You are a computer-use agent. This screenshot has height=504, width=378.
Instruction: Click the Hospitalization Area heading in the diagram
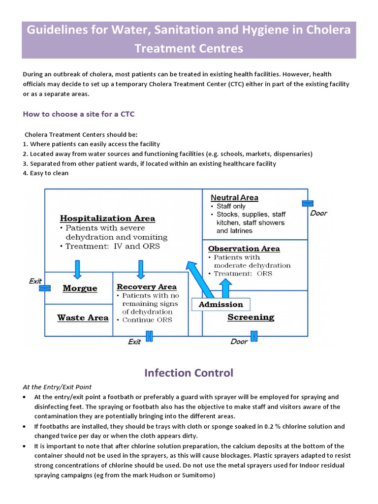pyautogui.click(x=107, y=218)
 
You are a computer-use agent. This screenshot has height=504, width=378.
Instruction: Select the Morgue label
pyautogui.click(x=80, y=288)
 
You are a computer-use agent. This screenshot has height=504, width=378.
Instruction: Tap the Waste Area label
pyautogui.click(x=83, y=318)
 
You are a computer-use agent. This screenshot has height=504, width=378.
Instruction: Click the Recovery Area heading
pyautogui.click(x=146, y=286)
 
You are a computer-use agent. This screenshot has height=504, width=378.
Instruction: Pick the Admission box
pyautogui.click(x=220, y=305)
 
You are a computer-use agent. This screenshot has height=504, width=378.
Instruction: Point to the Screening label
pyautogui.click(x=251, y=317)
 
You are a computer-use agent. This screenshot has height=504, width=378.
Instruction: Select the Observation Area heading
pyautogui.click(x=244, y=249)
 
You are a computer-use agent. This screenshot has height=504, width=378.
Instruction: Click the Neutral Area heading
pyautogui.click(x=234, y=197)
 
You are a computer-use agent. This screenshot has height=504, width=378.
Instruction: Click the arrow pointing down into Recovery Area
pyautogui.click(x=141, y=269)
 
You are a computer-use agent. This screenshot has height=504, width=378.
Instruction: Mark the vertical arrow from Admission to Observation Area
pyautogui.click(x=225, y=288)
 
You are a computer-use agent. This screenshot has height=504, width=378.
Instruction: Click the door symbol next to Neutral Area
pyautogui.click(x=308, y=203)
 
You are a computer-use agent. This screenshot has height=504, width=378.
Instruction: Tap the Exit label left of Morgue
pyautogui.click(x=35, y=281)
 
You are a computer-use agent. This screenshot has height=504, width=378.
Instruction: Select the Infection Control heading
pyautogui.click(x=189, y=373)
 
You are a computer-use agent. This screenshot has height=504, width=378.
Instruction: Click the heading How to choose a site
pyautogui.click(x=78, y=114)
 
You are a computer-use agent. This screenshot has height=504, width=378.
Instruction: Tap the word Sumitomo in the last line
pyautogui.click(x=195, y=475)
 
